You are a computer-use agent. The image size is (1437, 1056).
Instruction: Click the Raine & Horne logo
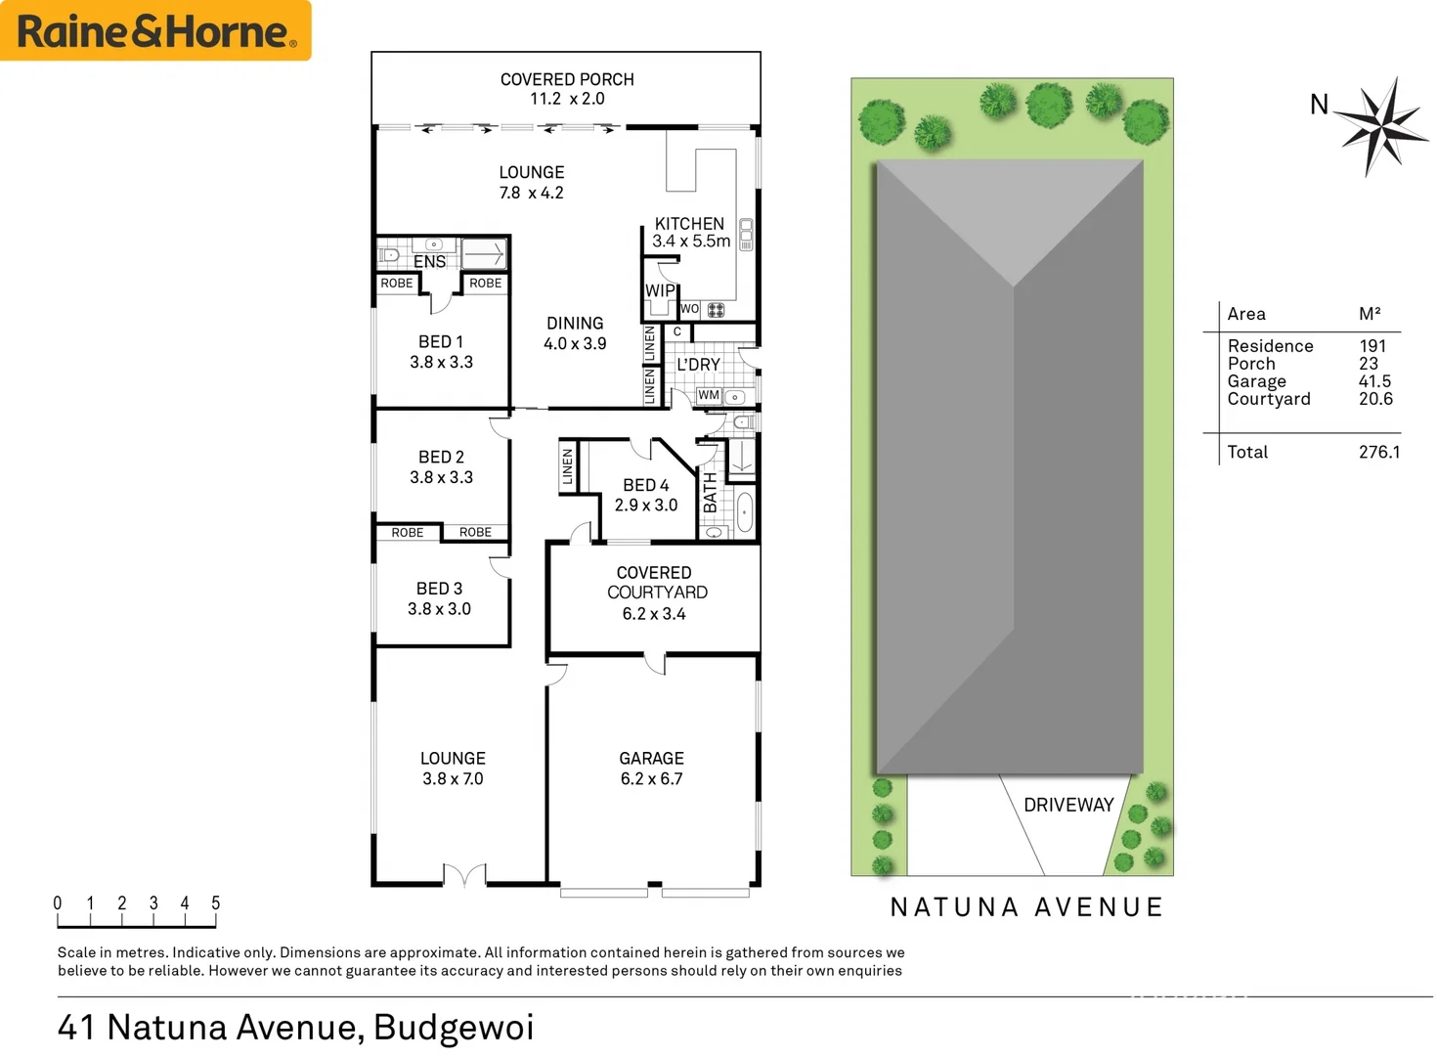[155, 31]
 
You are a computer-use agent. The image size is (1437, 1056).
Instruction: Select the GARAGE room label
[651, 758]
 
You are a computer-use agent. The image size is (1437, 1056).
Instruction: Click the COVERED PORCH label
[567, 79]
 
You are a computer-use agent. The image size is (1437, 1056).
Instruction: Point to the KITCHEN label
[689, 224]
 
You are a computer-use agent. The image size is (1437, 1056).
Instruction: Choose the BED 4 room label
[646, 485]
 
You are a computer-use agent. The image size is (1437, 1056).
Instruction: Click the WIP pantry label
[660, 290]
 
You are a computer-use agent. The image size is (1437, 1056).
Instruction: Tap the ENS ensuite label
[429, 262]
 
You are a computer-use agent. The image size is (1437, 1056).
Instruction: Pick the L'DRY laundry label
[698, 365]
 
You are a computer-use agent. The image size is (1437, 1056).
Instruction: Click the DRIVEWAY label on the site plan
[1068, 805]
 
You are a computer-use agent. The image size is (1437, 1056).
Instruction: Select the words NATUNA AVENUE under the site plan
[1026, 907]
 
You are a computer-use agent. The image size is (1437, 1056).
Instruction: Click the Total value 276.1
[1378, 452]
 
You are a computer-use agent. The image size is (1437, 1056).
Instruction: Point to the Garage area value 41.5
[1374, 381]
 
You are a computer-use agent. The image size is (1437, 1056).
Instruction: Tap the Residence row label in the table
[1270, 346]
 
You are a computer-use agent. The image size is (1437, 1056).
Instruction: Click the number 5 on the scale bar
[216, 903]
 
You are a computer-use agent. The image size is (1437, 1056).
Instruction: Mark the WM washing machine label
[709, 395]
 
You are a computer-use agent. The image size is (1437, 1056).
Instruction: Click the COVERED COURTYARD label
[656, 583]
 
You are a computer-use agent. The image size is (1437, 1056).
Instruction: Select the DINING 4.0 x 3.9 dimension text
[575, 344]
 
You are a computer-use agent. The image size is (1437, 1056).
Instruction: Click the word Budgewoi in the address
[454, 1027]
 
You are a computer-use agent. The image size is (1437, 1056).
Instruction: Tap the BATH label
[711, 493]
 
